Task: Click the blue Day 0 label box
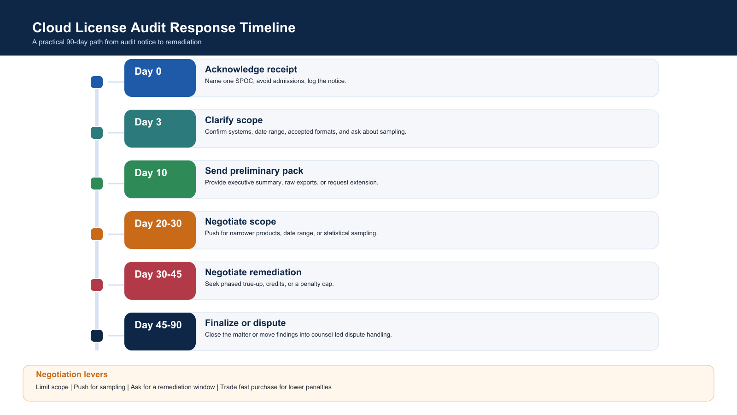(x=160, y=78)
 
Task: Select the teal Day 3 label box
(x=160, y=129)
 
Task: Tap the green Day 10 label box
(x=160, y=179)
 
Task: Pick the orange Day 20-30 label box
(x=160, y=230)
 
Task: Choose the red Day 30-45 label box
(x=160, y=281)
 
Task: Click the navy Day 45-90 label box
(x=160, y=332)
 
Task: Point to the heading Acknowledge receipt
(x=251, y=70)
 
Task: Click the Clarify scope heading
(x=234, y=120)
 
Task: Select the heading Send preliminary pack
(x=254, y=171)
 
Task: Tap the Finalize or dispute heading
(x=246, y=323)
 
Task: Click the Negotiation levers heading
(x=72, y=374)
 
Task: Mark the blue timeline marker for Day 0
(x=97, y=82)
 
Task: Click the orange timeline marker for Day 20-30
(x=97, y=234)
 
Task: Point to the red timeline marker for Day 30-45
(x=97, y=285)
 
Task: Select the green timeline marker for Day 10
(x=97, y=184)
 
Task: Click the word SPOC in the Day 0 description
(x=244, y=81)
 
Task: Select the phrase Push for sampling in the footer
(x=99, y=387)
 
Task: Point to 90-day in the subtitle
(x=77, y=42)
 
